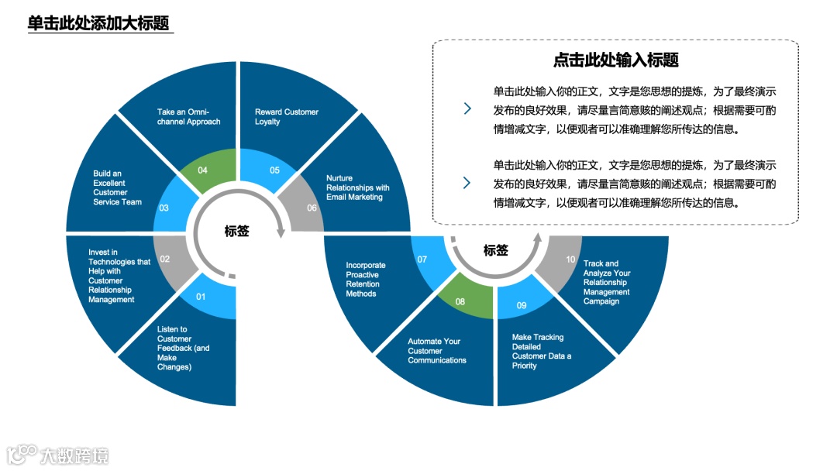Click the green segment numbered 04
coord(204,169)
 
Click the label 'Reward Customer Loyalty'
coord(286,117)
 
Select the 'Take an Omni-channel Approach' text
coord(188,117)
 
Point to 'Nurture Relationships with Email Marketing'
coord(357,187)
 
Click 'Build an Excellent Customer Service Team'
coord(117,187)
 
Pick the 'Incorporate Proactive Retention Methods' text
coord(365,279)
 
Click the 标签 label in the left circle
coord(236,231)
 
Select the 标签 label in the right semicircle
coord(495,250)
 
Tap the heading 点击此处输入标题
coord(615,60)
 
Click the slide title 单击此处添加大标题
coord(98,23)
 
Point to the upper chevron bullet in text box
coord(467,109)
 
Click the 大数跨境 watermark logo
coord(58,455)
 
